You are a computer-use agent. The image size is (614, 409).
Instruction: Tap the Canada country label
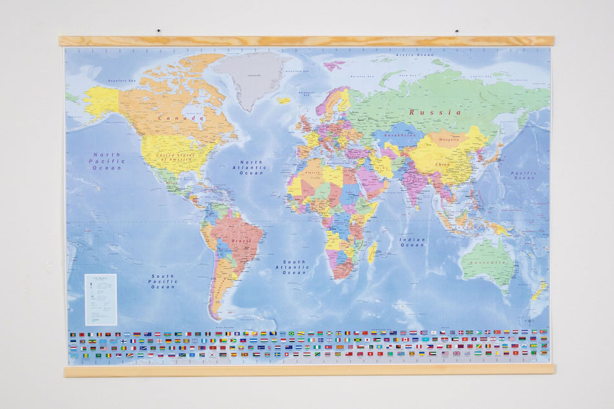(180, 118)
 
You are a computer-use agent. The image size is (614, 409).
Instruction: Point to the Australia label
(488, 264)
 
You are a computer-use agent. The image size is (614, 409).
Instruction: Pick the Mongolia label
(449, 139)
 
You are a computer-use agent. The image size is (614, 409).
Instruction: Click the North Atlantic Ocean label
(252, 167)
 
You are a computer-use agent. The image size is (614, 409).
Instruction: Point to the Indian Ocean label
(412, 242)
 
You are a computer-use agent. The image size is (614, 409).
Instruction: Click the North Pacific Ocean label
(107, 161)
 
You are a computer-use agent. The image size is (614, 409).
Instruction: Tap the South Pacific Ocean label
(163, 281)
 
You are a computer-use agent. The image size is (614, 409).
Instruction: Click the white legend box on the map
(101, 299)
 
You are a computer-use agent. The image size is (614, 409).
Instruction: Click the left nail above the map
(158, 30)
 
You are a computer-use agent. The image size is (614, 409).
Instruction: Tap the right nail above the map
(456, 30)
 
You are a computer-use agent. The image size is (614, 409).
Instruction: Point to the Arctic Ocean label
(415, 56)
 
